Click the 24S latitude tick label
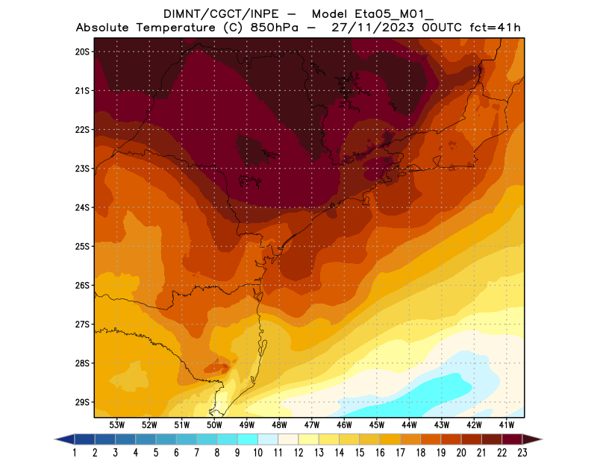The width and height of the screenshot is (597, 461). tap(81, 207)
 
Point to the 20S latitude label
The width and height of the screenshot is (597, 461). tap(81, 51)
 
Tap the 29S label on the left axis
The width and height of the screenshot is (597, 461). tap(81, 402)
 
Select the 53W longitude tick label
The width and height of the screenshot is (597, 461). tap(116, 424)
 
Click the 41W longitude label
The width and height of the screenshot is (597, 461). tap(507, 424)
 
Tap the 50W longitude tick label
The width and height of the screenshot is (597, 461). tap(214, 424)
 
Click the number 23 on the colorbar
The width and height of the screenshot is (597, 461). tap(522, 452)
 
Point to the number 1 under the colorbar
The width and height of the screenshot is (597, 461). tap(75, 452)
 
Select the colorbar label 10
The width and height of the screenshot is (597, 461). tap(258, 452)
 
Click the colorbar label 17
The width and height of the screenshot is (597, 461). tap(400, 452)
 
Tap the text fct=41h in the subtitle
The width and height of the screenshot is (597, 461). tap(495, 28)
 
